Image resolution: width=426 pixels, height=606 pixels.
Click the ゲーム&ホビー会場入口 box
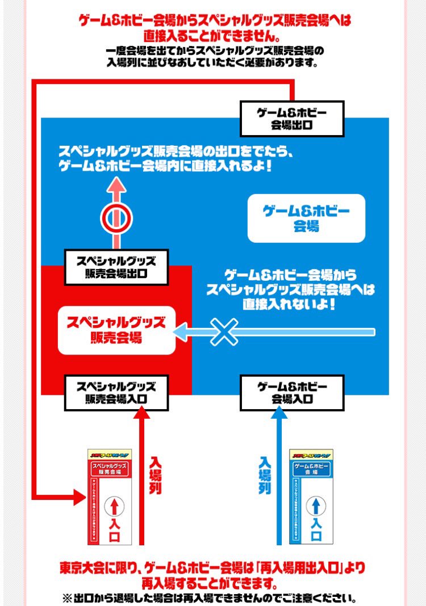click(x=292, y=393)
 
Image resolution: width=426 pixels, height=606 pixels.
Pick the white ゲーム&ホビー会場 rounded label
click(x=307, y=218)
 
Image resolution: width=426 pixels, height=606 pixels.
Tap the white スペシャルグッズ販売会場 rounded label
click(x=116, y=330)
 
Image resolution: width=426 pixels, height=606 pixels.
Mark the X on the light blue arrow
click(x=225, y=331)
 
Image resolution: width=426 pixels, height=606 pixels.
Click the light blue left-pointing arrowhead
click(x=181, y=331)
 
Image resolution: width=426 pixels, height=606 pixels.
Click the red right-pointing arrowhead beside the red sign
click(x=80, y=498)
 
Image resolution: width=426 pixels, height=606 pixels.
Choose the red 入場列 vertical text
click(x=156, y=475)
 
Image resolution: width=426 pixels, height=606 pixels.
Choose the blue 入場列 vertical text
click(x=265, y=475)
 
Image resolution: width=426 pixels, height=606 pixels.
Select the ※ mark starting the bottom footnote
click(x=66, y=597)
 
